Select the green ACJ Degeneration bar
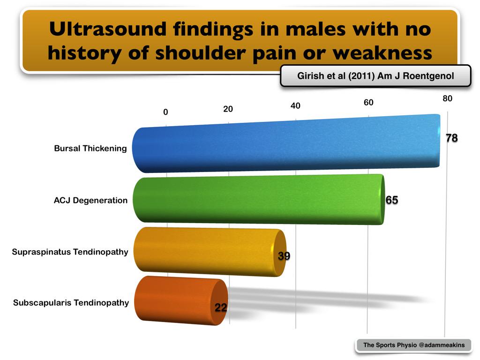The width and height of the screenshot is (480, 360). point(258,199)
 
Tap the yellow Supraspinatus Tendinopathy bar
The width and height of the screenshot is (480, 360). point(209,252)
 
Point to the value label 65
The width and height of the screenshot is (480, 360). point(391,200)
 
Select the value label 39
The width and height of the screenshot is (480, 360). point(284,255)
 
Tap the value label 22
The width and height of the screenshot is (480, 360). point(221,308)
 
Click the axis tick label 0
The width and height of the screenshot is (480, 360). point(165,112)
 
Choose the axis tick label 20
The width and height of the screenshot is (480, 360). point(228,109)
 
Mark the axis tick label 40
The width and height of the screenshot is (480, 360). point(295,106)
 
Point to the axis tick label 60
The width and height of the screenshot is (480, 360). point(368,103)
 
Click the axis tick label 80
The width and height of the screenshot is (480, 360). point(447,98)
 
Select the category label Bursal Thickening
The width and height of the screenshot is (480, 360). point(90,149)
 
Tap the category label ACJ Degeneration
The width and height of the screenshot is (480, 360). point(90,201)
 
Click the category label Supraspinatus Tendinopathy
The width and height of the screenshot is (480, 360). point(70,252)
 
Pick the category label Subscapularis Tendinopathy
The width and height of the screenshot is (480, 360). point(71,303)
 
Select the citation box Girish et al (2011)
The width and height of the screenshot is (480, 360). point(375,76)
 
